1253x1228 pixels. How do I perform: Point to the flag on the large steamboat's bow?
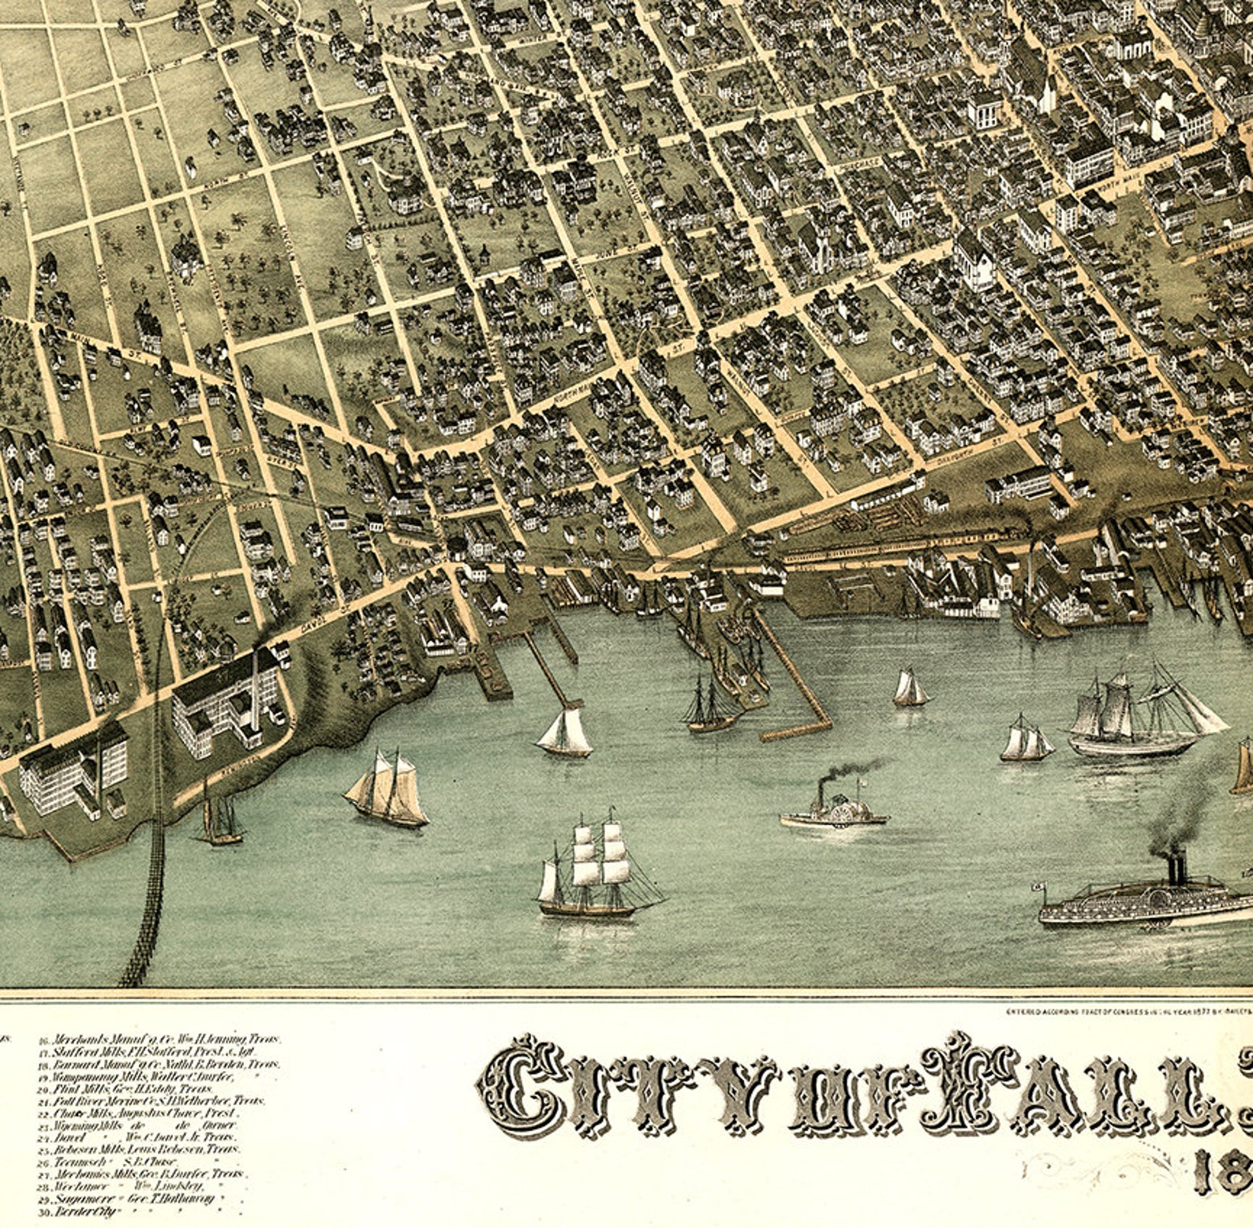(x=1040, y=886)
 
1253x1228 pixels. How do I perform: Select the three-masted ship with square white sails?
(x=592, y=868)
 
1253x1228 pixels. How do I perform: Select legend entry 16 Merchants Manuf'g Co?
(x=158, y=1040)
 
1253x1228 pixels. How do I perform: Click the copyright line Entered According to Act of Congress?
(x=1120, y=1010)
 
